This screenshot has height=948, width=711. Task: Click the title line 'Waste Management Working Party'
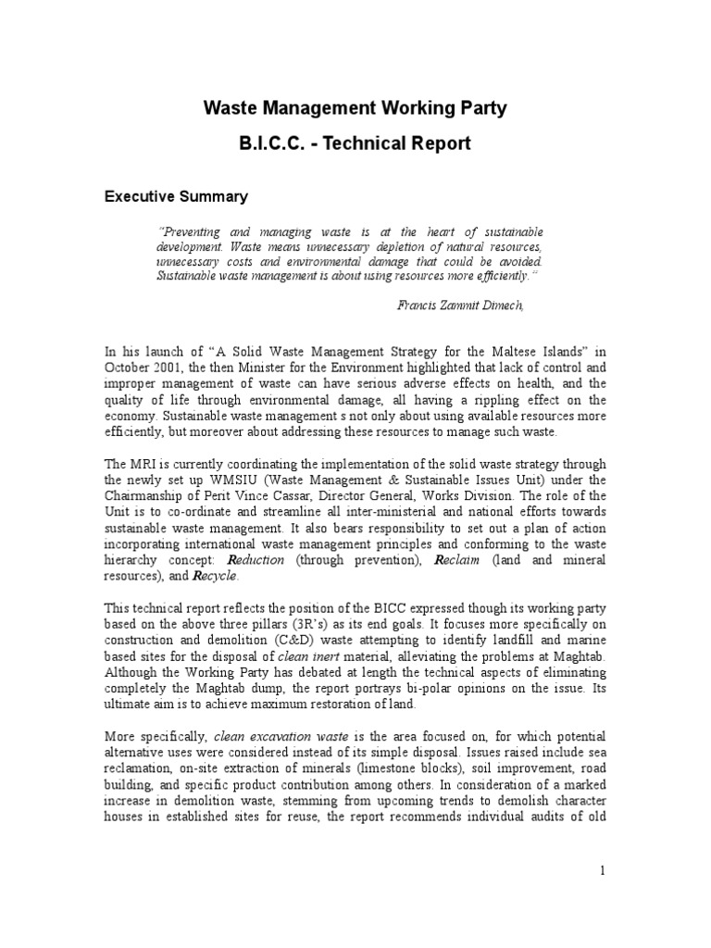(x=355, y=108)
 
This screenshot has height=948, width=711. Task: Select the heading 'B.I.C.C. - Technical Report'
(x=355, y=143)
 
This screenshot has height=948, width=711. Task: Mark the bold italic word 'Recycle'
(x=215, y=576)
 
